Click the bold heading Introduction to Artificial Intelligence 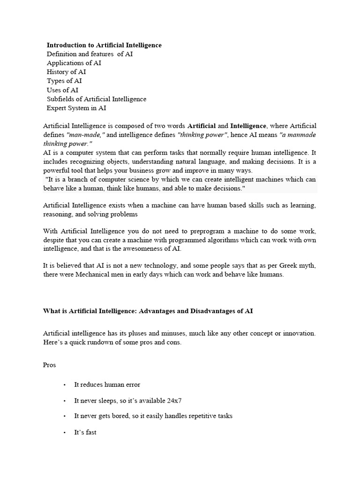tap(104, 45)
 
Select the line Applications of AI tap(74, 63)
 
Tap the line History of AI tap(66, 72)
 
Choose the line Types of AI tap(64, 81)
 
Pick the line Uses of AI tap(62, 90)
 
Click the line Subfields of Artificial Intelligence tap(97, 99)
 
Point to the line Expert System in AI tap(76, 108)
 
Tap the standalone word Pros tap(49, 365)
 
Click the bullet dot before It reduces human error tap(64, 385)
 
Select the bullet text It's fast tap(85, 432)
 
